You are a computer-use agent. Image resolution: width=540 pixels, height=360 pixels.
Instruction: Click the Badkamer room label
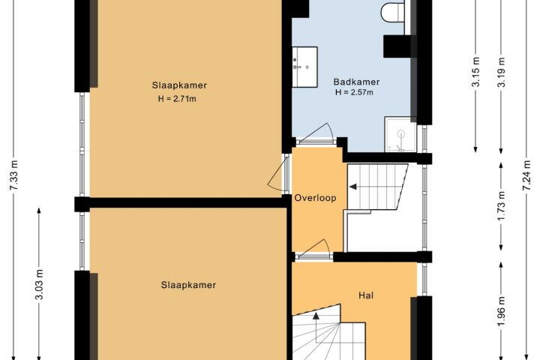(x=356, y=82)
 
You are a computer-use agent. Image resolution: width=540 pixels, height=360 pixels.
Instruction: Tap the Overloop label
(x=315, y=198)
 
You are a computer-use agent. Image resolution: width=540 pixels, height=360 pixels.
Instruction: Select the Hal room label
(x=366, y=295)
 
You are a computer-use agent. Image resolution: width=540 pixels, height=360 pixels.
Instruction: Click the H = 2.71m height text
(x=177, y=99)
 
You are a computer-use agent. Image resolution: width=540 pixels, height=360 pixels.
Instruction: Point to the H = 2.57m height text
(x=354, y=92)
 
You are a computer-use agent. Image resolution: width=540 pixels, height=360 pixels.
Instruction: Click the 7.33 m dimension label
(x=15, y=180)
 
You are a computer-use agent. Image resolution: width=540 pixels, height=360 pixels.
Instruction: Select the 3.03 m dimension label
(x=40, y=284)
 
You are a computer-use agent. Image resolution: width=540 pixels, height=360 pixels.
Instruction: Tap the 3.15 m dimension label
(x=476, y=72)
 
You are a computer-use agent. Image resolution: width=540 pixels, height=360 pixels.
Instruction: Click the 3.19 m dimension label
(x=502, y=72)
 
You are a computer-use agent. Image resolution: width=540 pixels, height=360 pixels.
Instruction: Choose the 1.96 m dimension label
(x=502, y=311)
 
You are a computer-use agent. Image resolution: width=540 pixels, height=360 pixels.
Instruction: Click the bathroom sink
(x=304, y=67)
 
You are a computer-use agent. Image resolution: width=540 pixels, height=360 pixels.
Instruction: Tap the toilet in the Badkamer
(x=392, y=12)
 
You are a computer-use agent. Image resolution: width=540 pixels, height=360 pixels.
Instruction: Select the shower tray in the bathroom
(x=400, y=134)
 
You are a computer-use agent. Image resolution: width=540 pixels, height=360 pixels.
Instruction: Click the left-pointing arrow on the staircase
(x=353, y=187)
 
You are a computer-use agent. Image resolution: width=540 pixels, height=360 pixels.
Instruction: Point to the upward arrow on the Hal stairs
(x=316, y=316)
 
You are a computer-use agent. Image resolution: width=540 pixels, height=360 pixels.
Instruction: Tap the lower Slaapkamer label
(x=188, y=285)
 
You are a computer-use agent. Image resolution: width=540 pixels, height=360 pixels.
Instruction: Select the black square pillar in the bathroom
(x=397, y=46)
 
